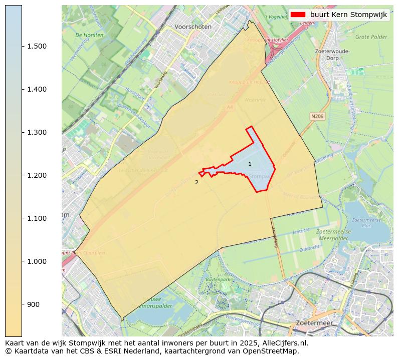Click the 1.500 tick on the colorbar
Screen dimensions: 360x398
coord(37,46)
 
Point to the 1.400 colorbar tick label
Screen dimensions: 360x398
coord(37,89)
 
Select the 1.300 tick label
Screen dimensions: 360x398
coord(37,132)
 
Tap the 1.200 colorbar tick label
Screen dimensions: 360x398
coord(37,175)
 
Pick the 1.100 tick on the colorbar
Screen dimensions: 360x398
coord(37,218)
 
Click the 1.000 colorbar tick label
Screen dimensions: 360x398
coord(37,261)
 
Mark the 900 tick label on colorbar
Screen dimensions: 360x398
coord(33,304)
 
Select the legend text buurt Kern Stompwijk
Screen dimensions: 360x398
coord(348,15)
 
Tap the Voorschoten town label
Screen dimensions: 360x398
coord(193,27)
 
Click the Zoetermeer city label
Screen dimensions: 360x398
coord(314,323)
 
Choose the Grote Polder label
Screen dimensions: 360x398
coord(371,37)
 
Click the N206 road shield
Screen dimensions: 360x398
coord(317,116)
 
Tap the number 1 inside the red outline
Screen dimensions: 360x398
coord(250,164)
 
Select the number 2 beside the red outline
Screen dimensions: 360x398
coord(196,183)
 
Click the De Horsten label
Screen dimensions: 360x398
coord(89,36)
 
